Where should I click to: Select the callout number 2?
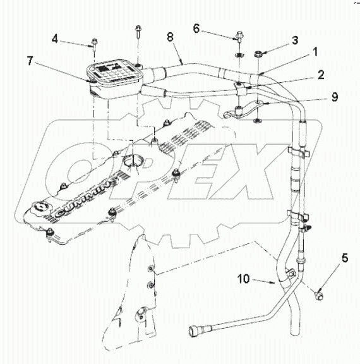[321, 75]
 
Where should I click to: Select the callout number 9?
[335, 97]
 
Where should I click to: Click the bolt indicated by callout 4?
[94, 43]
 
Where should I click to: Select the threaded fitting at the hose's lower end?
[195, 329]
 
